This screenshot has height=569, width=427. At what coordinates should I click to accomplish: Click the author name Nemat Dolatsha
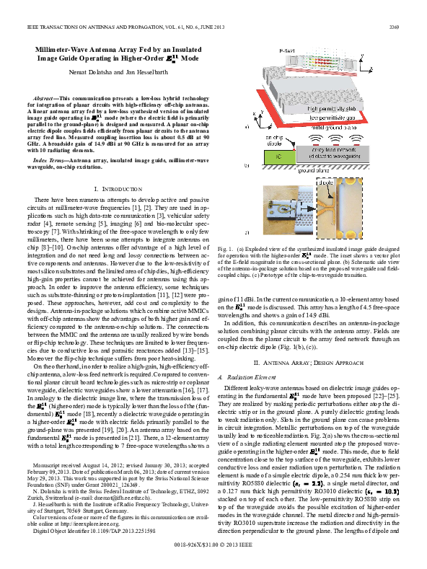point(95,74)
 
